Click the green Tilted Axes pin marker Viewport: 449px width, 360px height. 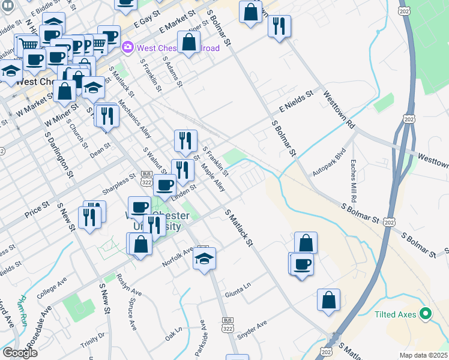click(426, 313)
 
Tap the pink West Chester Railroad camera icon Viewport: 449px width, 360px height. click(127, 47)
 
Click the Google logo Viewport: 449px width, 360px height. click(20, 353)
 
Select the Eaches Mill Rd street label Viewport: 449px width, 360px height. click(354, 179)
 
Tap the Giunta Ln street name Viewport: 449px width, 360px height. click(237, 292)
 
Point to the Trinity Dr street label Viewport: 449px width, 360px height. click(92, 342)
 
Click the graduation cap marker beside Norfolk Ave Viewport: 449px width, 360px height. click(204, 259)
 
